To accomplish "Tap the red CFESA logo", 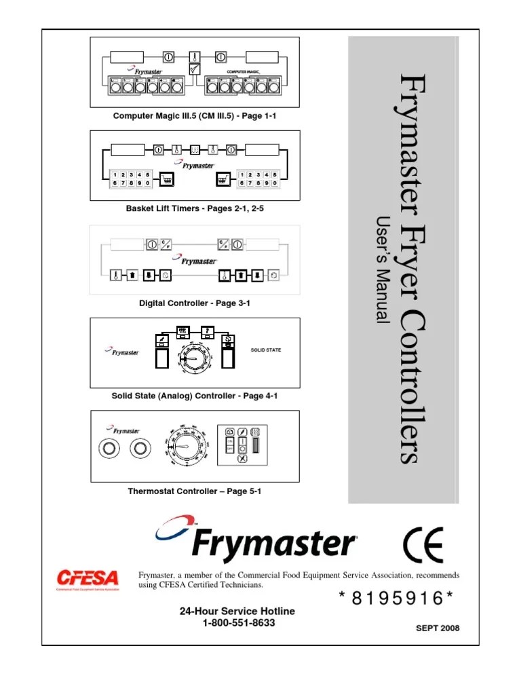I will pos(87,580).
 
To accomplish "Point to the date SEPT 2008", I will pos(438,628).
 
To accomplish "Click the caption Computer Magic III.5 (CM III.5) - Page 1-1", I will pos(195,116).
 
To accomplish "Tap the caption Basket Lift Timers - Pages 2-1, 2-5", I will pos(195,209).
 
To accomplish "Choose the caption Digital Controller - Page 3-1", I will pos(195,303).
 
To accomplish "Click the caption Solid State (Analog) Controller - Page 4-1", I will pos(195,396).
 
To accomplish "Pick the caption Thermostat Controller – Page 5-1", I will pos(195,491).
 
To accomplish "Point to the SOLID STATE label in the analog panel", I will pos(265,350).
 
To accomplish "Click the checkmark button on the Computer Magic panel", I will pos(195,69).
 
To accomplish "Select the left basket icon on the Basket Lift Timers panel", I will pos(166,179).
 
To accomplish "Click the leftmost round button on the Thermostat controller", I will pos(108,449).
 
